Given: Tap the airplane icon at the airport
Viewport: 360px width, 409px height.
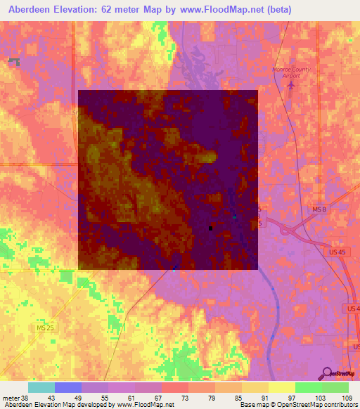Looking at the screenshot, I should pyautogui.click(x=292, y=84).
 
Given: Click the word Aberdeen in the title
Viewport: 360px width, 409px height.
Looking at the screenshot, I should pyautogui.click(x=29, y=11).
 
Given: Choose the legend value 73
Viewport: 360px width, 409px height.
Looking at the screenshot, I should pyautogui.click(x=185, y=398).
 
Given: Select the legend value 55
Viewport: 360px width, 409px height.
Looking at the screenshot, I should pyautogui.click(x=105, y=398).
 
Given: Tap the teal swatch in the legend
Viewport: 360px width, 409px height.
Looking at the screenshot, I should pyautogui.click(x=41, y=387).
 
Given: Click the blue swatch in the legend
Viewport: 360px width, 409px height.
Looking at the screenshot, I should pyautogui.click(x=68, y=387).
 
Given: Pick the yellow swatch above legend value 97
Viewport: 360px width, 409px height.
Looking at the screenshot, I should pyautogui.click(x=282, y=387).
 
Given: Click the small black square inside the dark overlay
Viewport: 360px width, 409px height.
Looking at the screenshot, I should pyautogui.click(x=210, y=228).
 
